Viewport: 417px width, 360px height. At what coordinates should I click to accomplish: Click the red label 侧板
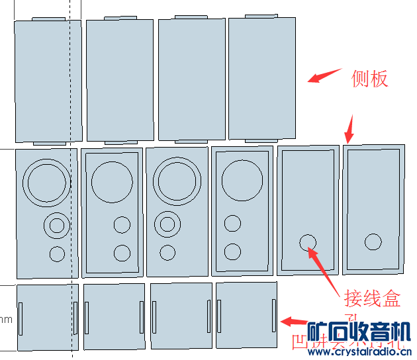(369, 79)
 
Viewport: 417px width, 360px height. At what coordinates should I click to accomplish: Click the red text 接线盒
(373, 298)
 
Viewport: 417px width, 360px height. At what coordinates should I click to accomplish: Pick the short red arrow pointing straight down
(351, 130)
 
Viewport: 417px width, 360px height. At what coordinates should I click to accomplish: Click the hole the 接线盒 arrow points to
(308, 242)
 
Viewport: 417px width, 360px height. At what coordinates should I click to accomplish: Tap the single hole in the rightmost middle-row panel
(373, 242)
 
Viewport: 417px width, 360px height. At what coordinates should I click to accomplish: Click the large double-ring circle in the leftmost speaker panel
(46, 181)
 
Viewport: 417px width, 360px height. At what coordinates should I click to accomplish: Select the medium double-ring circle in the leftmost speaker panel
(57, 226)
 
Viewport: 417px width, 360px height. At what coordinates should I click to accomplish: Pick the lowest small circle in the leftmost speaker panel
(57, 253)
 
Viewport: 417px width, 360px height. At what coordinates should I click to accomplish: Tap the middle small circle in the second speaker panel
(122, 225)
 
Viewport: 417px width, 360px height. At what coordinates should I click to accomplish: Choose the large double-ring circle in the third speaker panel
(177, 181)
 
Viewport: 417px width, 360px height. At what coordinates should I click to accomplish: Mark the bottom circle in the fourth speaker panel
(232, 251)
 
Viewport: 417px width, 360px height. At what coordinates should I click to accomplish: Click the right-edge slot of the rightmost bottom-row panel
(274, 316)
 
